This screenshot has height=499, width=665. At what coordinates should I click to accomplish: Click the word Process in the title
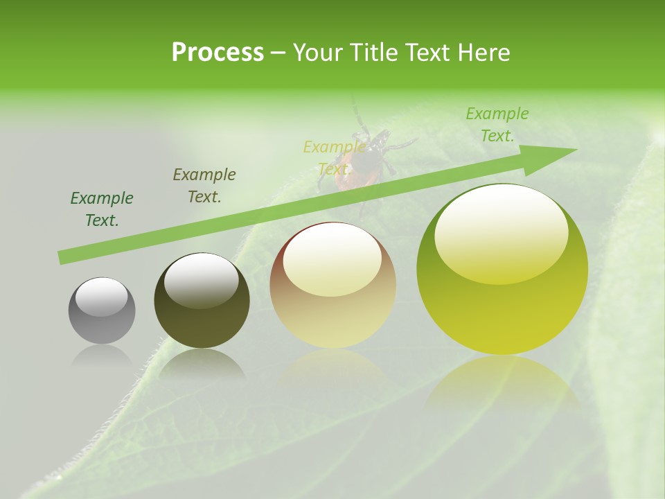point(218,53)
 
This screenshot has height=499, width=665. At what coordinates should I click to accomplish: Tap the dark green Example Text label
point(102,209)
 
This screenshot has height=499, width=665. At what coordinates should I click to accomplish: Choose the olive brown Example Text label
point(204,186)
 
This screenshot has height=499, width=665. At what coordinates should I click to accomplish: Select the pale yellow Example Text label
point(335,158)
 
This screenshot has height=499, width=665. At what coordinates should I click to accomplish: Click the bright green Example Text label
point(497,125)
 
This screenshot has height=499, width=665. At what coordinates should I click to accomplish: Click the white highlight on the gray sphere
point(101,297)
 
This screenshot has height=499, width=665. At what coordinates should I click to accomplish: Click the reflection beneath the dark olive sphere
point(202,363)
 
